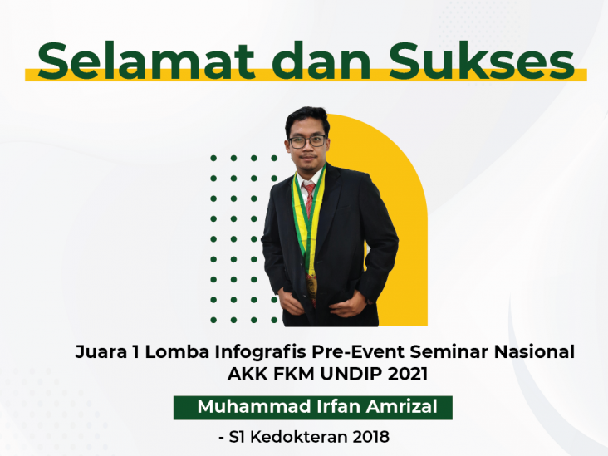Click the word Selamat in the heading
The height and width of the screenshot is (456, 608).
(x=146, y=61)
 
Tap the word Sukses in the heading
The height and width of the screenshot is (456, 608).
(x=482, y=61)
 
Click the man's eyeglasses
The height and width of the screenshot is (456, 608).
(x=307, y=141)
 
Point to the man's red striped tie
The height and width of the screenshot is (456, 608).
(x=310, y=199)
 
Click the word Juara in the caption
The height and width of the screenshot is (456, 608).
(x=101, y=352)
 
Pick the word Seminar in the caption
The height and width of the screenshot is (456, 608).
(x=449, y=352)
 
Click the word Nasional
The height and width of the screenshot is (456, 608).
(x=534, y=352)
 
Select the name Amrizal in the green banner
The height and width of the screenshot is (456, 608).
(x=402, y=407)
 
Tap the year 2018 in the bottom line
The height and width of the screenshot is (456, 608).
(x=370, y=437)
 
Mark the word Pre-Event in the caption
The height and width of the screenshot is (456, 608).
(x=358, y=352)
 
